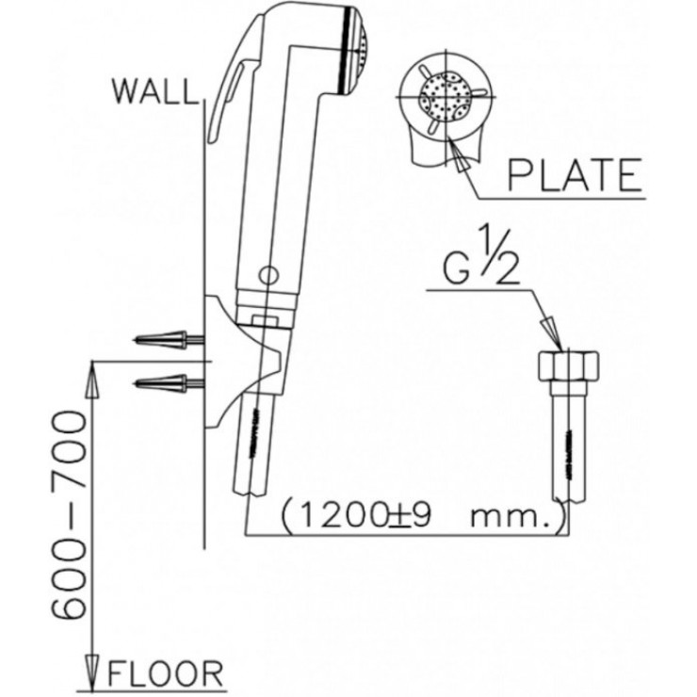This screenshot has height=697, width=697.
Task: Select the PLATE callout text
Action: pos(575,174)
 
